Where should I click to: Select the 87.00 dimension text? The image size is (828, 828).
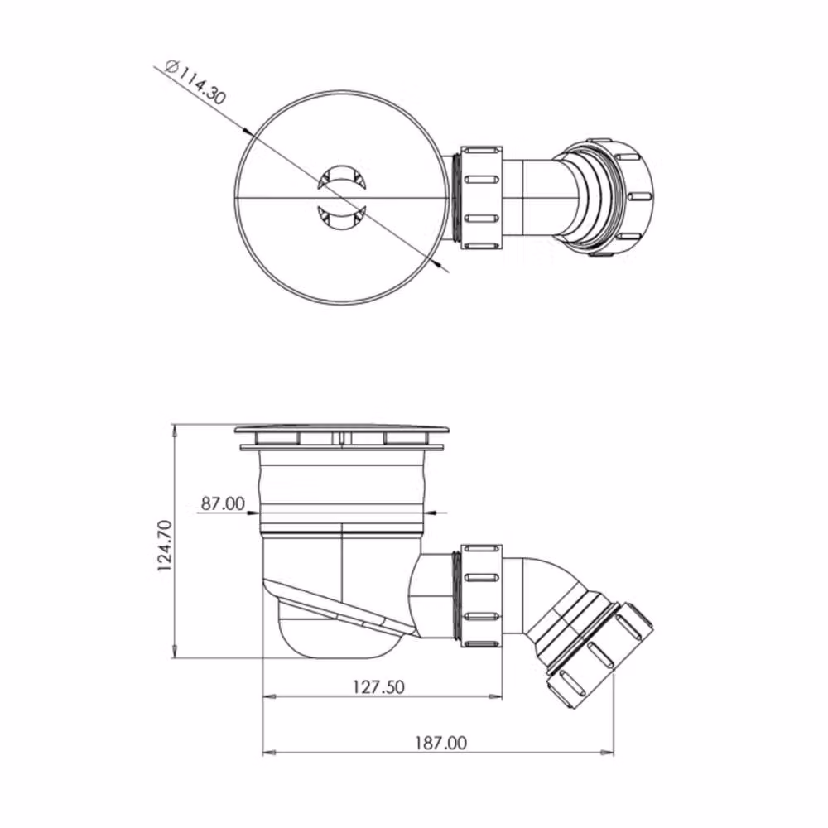coord(223,503)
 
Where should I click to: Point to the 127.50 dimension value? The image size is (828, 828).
coord(378,686)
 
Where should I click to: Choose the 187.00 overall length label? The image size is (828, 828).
coord(440,743)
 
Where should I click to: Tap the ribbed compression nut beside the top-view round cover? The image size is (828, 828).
coord(481,198)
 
